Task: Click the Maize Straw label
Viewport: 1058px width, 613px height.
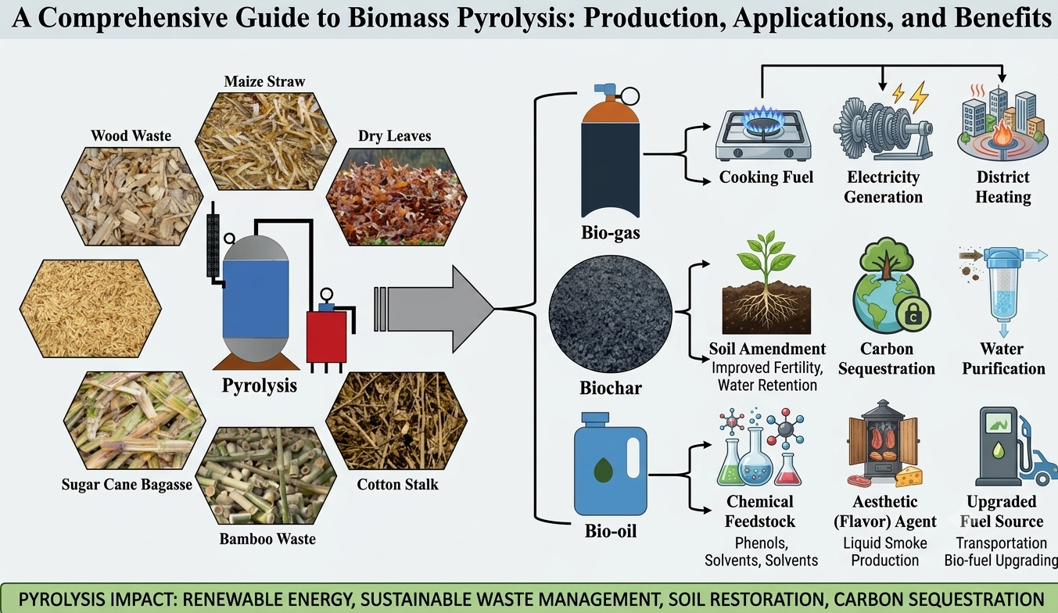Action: click(264, 81)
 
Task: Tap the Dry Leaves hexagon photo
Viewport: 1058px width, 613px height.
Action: click(396, 197)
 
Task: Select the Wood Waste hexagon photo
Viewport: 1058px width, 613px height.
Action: click(132, 196)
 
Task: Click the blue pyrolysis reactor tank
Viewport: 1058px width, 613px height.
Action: click(256, 299)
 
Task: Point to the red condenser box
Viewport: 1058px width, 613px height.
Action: click(326, 335)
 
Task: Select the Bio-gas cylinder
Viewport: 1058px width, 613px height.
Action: click(610, 151)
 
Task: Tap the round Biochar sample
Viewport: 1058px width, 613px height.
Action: click(610, 314)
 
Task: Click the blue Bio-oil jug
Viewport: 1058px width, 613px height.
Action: click(610, 464)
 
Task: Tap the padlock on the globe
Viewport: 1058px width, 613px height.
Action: click(913, 315)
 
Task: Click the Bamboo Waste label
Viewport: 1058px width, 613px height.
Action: click(267, 539)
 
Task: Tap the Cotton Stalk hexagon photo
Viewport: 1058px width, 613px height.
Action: click(396, 421)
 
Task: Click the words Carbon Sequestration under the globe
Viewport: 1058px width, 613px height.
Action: click(887, 358)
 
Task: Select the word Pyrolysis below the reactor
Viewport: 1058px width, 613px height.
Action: click(260, 385)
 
